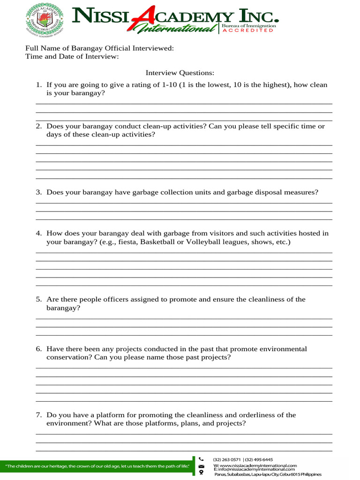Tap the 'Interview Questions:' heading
pyautogui.click(x=180, y=73)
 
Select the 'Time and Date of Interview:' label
pyautogui.click(x=72, y=57)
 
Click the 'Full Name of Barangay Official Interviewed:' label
pyautogui.click(x=99, y=48)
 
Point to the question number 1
pyautogui.click(x=39, y=85)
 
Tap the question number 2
pyautogui.click(x=39, y=126)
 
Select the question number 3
pyautogui.click(x=39, y=192)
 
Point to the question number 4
pyautogui.click(x=39, y=233)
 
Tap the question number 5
pyautogui.click(x=39, y=300)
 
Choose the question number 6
pyautogui.click(x=39, y=349)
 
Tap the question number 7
pyautogui.click(x=39, y=415)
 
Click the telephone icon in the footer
pyautogui.click(x=201, y=459)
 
